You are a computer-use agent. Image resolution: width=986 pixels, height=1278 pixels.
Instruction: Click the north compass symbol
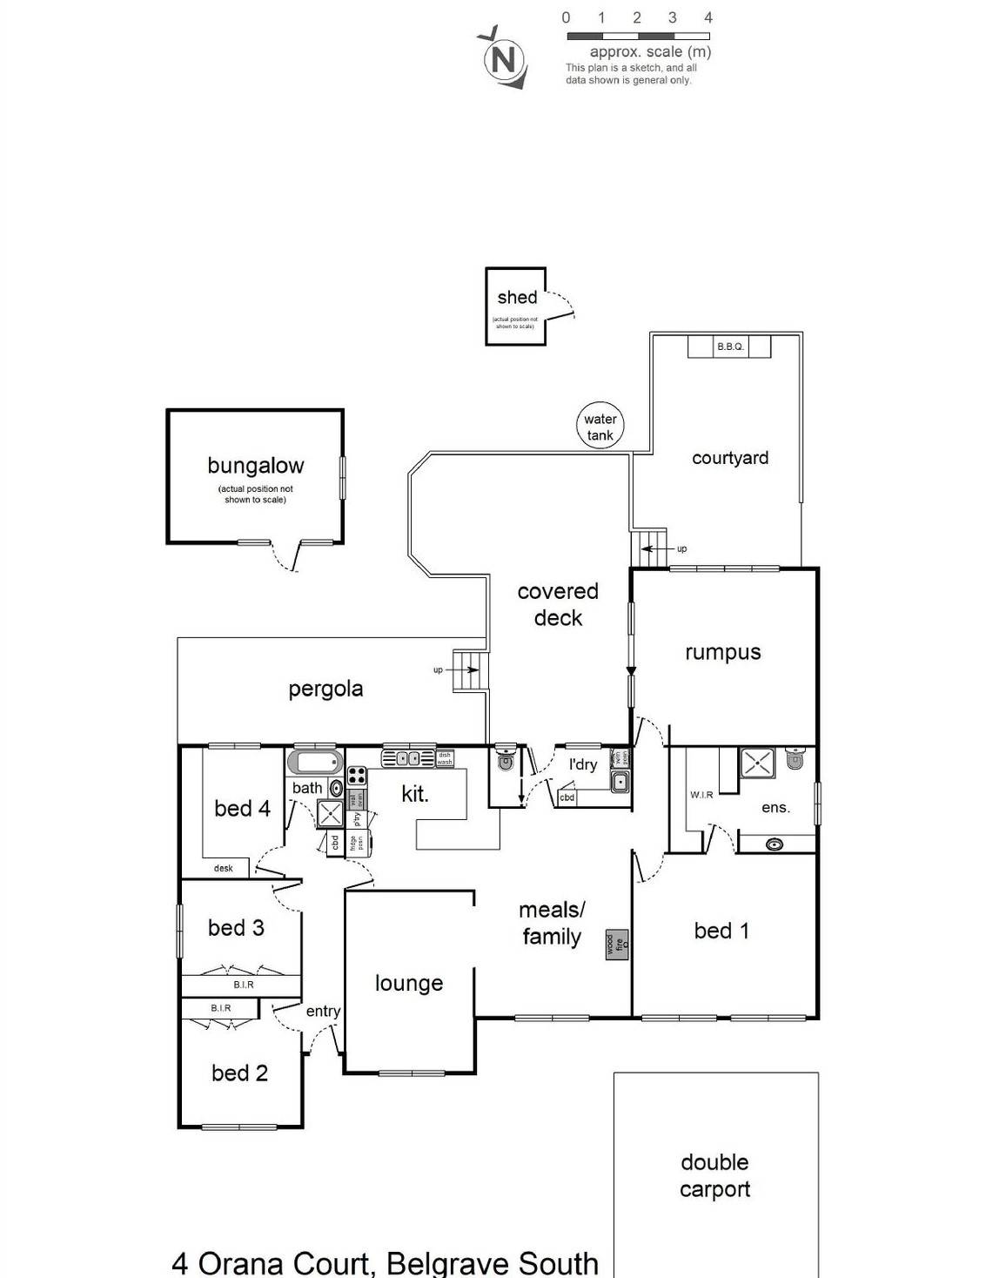coord(504,58)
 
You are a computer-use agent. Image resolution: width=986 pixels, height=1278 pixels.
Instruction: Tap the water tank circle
coord(600,427)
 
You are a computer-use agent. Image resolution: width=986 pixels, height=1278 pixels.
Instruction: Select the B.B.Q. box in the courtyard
coord(729,346)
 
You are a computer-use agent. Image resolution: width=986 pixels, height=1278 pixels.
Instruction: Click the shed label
coord(517,298)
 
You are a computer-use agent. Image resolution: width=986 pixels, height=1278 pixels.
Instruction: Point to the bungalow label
coord(255,466)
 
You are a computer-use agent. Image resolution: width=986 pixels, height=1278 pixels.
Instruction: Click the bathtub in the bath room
coord(315,763)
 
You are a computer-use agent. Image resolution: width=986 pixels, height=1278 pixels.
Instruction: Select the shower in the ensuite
coord(757,763)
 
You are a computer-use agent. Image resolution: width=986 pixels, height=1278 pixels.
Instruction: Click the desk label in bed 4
coord(224,868)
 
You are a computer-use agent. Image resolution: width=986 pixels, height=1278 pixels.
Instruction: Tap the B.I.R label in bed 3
coord(244,985)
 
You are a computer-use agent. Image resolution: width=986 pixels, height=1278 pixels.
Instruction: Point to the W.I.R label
coord(701,795)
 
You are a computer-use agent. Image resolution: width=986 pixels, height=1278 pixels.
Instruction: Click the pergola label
coord(325,689)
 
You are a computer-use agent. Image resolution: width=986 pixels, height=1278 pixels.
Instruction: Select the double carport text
coord(714,1175)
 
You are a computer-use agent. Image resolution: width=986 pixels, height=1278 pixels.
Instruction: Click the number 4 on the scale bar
coord(708,17)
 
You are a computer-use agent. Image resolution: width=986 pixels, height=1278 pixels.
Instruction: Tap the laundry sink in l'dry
coord(620,782)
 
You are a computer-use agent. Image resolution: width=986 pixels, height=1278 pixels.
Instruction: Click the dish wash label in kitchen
coord(445,758)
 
